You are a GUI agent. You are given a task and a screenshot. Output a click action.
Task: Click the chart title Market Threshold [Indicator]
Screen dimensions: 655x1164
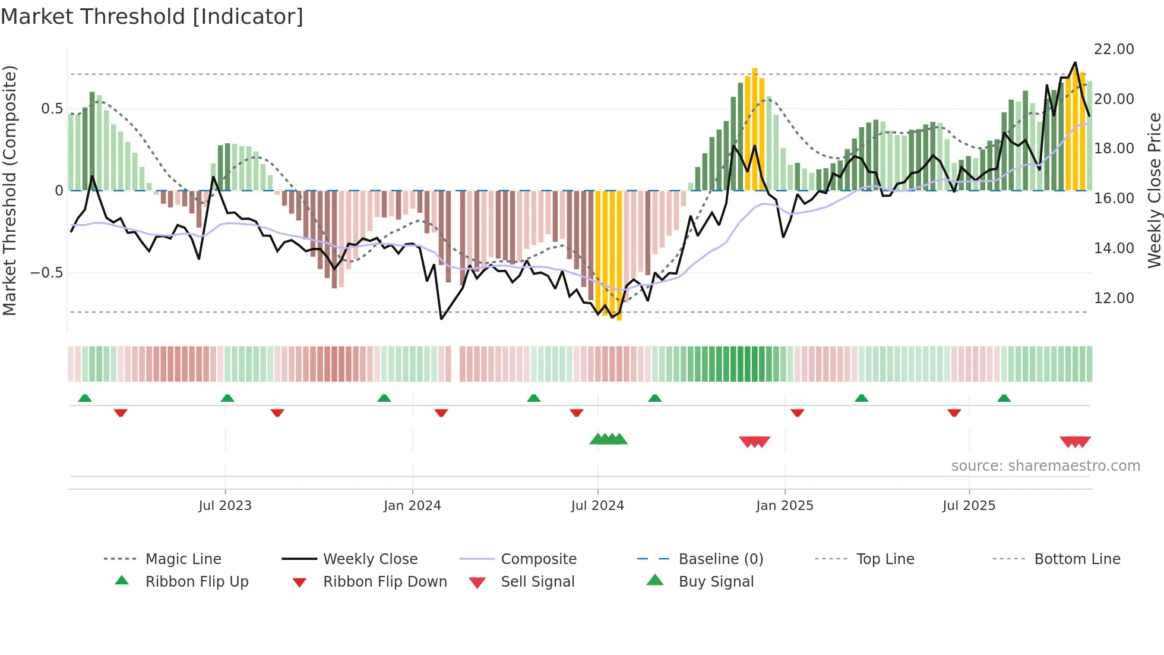point(152,17)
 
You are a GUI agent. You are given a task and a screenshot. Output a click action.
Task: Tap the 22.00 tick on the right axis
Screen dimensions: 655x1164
point(1114,49)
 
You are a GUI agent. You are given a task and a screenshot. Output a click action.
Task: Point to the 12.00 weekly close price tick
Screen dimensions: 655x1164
point(1114,298)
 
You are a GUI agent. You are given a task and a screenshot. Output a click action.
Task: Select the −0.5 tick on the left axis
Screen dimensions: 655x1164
point(47,273)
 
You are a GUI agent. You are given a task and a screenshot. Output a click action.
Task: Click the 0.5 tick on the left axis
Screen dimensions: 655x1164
point(52,109)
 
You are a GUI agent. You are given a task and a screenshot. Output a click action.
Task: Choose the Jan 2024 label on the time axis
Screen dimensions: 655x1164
point(412,506)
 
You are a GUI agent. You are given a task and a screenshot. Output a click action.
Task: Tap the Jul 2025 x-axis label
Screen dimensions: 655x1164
point(969,506)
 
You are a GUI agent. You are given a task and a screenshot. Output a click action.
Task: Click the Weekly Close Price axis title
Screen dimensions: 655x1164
point(1154,190)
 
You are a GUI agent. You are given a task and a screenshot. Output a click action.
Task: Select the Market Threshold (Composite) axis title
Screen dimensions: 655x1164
point(10,190)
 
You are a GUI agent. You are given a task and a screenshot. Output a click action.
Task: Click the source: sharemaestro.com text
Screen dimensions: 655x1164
point(1045,466)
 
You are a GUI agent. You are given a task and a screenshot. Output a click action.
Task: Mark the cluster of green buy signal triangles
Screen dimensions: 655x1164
point(608,440)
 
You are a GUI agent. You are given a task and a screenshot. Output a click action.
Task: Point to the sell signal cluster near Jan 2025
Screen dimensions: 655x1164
point(754,442)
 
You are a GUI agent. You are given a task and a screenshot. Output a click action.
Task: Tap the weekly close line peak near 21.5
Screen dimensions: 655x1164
point(1075,63)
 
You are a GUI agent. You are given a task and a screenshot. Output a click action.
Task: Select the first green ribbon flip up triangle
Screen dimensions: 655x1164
point(85,398)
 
